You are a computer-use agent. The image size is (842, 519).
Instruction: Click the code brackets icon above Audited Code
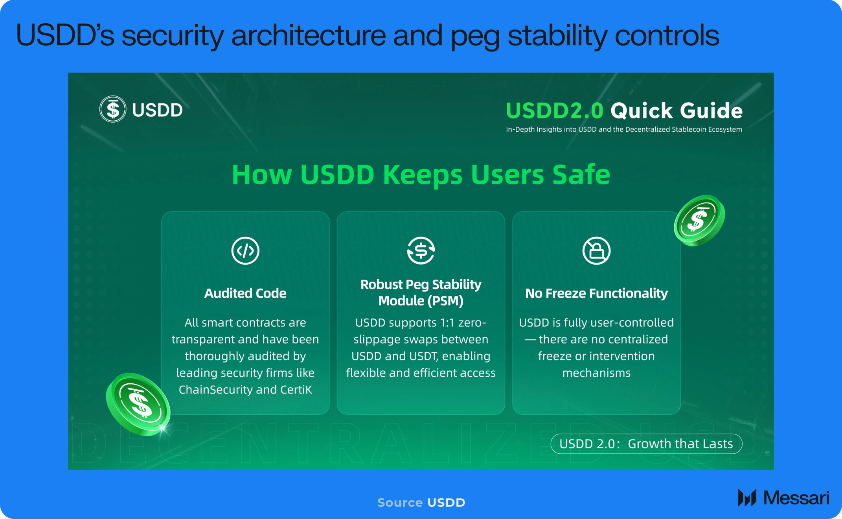tap(245, 250)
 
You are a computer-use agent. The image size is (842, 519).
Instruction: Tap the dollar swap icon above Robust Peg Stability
tap(421, 250)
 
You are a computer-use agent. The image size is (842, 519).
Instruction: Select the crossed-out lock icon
tap(596, 250)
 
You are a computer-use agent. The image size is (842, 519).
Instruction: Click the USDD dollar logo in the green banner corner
tap(113, 109)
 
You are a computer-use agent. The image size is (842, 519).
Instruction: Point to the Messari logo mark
tap(747, 498)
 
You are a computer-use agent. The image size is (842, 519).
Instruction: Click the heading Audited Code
tap(245, 293)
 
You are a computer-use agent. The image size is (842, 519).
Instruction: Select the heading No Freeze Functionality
tap(596, 293)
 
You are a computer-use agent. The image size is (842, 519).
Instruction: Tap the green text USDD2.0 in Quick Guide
tap(554, 110)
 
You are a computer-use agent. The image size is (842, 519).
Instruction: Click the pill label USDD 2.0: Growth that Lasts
tap(646, 444)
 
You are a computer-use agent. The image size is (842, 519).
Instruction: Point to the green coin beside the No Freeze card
tap(699, 221)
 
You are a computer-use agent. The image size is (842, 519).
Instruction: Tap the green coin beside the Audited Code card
tap(138, 404)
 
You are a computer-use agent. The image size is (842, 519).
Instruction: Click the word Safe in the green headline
tap(581, 175)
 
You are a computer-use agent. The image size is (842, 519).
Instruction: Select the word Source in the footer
tap(400, 502)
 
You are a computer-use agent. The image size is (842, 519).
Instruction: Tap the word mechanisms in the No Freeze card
tap(596, 373)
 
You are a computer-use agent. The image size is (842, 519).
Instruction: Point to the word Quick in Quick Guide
tap(642, 110)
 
